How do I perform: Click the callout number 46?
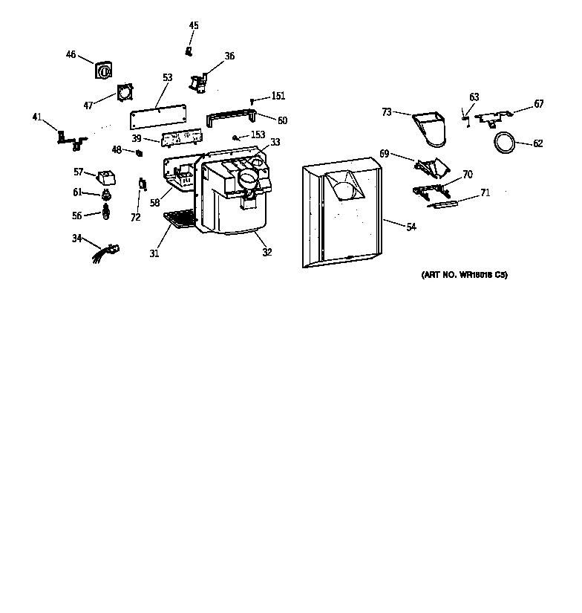pyautogui.click(x=71, y=54)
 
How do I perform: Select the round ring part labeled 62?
pyautogui.click(x=506, y=143)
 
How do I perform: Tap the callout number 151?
pyautogui.click(x=278, y=96)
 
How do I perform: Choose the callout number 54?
pyautogui.click(x=411, y=227)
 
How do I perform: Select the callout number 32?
pyautogui.click(x=267, y=253)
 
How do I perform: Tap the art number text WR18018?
pyautogui.click(x=464, y=275)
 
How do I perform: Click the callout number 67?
pyautogui.click(x=538, y=104)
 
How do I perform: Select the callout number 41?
pyautogui.click(x=37, y=117)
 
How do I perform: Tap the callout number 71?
pyautogui.click(x=485, y=192)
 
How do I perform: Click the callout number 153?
pyautogui.click(x=258, y=134)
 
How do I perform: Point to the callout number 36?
pyautogui.click(x=229, y=56)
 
